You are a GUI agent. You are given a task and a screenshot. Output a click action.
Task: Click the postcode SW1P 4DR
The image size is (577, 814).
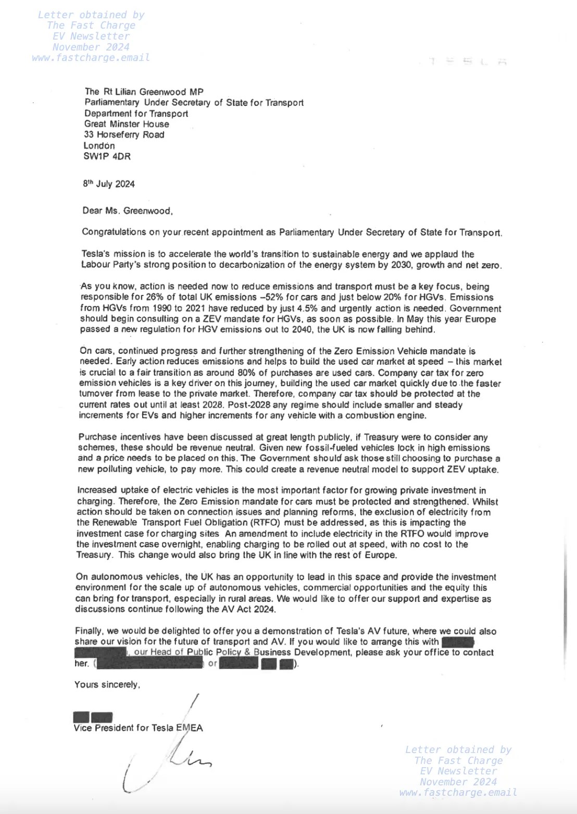(x=107, y=156)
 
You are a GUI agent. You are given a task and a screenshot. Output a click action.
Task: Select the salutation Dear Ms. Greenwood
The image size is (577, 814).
(x=127, y=211)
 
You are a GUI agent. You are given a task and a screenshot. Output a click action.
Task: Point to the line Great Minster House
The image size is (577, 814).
(x=127, y=124)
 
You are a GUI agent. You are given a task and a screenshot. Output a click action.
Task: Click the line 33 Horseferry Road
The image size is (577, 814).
(x=124, y=135)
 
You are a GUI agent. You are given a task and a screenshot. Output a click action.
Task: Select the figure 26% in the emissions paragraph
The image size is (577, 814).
(x=155, y=298)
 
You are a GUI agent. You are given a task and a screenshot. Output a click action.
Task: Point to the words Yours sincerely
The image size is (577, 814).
(x=107, y=685)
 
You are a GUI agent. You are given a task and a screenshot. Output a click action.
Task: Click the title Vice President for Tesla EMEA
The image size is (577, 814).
(x=138, y=728)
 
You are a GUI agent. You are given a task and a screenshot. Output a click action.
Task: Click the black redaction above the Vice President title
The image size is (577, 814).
(x=93, y=718)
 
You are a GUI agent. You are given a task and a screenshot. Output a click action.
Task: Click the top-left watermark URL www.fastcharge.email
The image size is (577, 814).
(x=91, y=58)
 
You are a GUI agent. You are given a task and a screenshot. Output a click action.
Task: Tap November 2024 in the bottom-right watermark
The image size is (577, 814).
(x=458, y=782)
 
